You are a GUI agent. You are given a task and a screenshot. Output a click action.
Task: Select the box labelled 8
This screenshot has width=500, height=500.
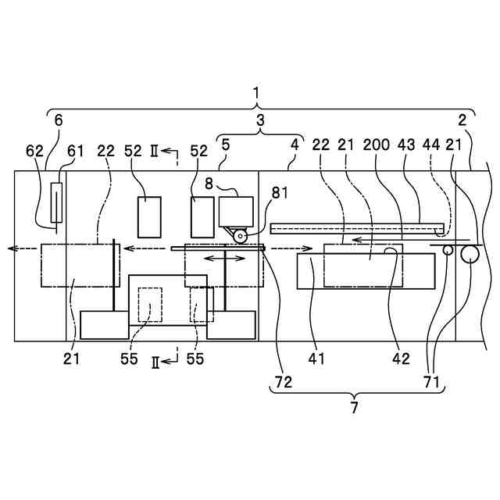coord(237,211)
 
